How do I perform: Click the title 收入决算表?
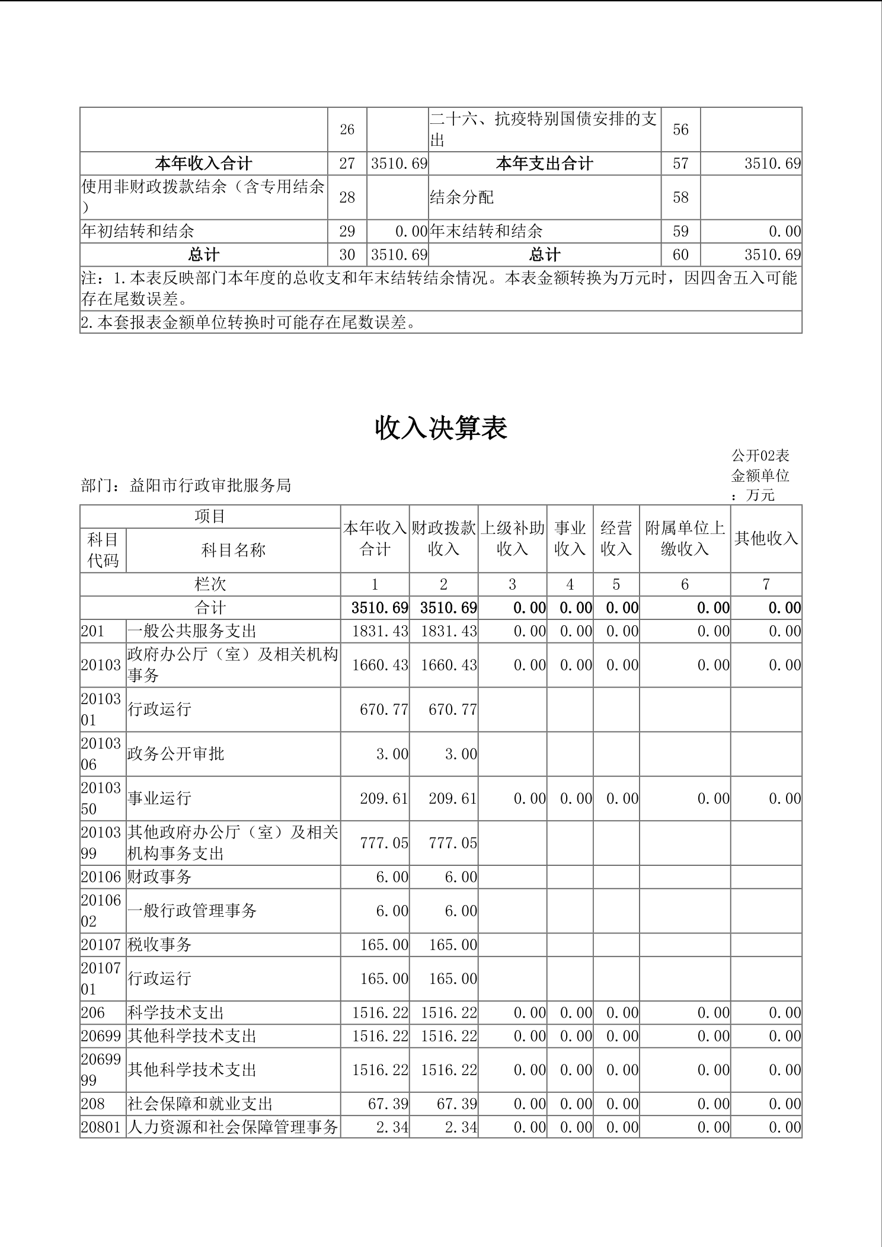(441, 429)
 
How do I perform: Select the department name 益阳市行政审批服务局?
(210, 485)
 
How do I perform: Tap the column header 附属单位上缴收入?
(685, 538)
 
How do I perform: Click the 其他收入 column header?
(766, 538)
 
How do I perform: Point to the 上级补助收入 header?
(512, 538)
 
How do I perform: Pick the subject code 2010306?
(101, 754)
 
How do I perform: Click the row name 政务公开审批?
(176, 754)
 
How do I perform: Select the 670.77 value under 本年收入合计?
(384, 709)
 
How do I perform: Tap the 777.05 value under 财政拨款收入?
(453, 843)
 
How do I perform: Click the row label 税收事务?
(159, 944)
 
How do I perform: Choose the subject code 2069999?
(101, 1070)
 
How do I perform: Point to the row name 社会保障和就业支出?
(200, 1104)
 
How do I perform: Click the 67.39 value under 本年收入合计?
(388, 1104)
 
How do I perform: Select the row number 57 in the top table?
(680, 164)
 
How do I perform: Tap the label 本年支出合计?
(544, 164)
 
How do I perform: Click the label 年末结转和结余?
(486, 231)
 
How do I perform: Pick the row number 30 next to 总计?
(347, 255)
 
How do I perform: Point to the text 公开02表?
(760, 456)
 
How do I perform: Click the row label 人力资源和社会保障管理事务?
(232, 1127)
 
